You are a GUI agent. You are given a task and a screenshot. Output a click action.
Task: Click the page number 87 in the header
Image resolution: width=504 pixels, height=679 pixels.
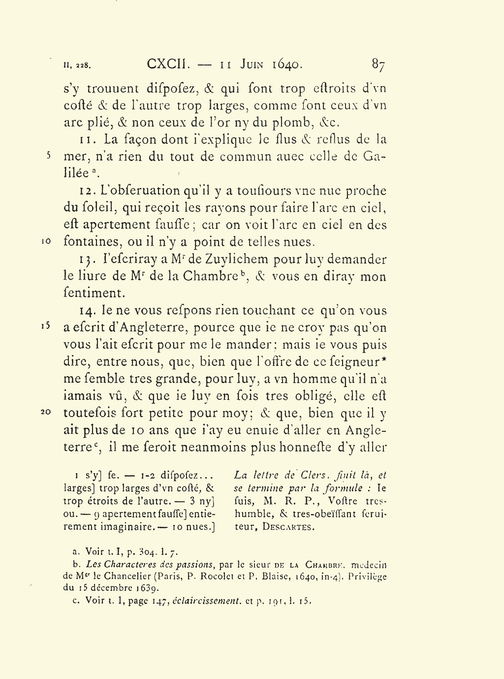378,65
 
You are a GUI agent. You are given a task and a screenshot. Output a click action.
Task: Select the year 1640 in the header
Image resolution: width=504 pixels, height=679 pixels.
287,64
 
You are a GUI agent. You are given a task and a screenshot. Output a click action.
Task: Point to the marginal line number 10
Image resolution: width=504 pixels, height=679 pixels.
45,242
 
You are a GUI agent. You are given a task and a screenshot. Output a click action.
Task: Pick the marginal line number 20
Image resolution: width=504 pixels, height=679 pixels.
45,413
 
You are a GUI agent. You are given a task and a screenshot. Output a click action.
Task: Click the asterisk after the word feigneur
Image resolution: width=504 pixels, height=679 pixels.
384,360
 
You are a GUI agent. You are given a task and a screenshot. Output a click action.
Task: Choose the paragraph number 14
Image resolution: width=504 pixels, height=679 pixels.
87,311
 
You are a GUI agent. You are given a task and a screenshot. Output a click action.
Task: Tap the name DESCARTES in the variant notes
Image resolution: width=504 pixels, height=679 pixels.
288,527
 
